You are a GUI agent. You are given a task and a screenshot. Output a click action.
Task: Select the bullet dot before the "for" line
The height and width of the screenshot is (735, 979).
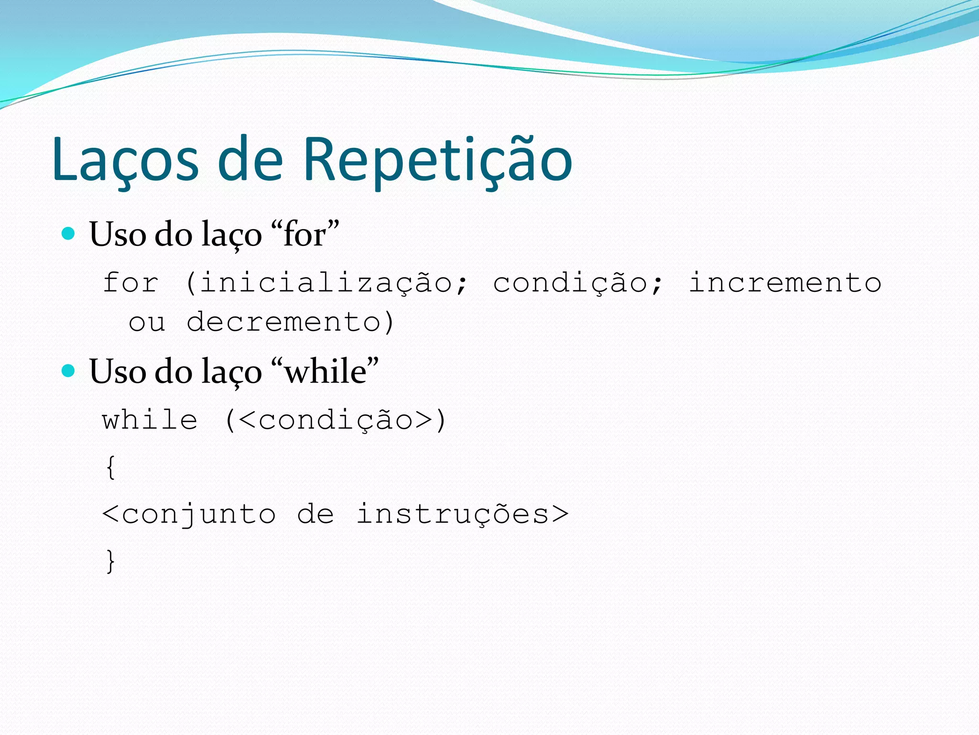tap(69, 234)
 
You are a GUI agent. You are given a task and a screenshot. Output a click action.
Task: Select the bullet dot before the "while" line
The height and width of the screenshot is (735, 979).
tap(69, 370)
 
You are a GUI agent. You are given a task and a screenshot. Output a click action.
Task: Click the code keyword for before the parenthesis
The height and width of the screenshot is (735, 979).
tap(131, 282)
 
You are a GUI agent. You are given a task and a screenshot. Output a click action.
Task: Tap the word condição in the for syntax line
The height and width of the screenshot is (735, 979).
tap(571, 283)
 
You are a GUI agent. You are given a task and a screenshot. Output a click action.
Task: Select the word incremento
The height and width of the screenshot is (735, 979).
tap(785, 282)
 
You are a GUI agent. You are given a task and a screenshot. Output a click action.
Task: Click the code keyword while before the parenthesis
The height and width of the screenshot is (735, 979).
tap(150, 420)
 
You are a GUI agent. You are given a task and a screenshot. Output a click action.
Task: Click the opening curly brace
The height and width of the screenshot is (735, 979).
tap(110, 467)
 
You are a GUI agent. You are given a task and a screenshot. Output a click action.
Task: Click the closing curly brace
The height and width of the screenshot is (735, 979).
tap(110, 561)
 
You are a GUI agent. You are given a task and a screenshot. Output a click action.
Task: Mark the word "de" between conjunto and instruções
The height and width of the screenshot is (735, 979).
tap(315, 514)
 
